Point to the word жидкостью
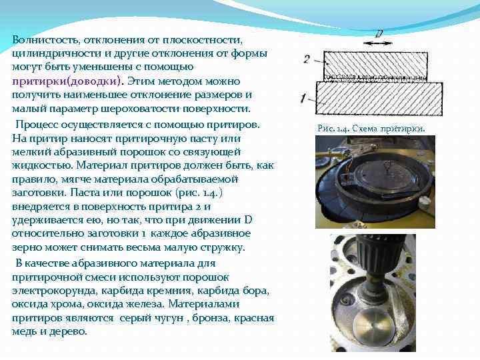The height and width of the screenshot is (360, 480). point(43,165)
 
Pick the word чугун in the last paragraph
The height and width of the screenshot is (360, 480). point(167,318)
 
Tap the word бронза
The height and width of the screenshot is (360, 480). point(211,318)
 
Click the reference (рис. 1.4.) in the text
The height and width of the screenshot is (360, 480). point(199,193)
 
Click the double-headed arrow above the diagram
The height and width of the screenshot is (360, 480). point(377,43)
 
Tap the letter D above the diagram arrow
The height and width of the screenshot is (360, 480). point(379,33)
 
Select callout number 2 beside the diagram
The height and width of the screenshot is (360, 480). point(307,59)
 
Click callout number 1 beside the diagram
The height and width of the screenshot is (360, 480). point(303,99)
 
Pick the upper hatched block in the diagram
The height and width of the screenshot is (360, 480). point(375,65)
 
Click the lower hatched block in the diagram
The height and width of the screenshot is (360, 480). point(379,98)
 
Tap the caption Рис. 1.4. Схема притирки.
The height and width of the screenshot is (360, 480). point(371,129)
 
